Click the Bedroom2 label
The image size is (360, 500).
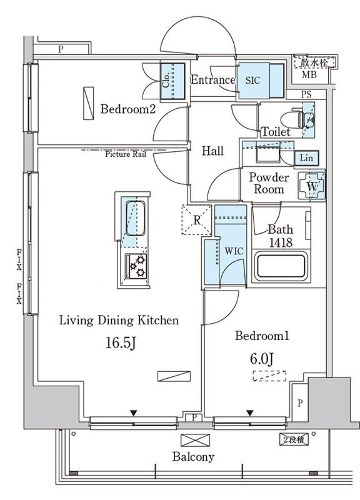[128, 109]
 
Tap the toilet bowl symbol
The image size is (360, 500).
[292, 120]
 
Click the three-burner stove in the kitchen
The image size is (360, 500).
[136, 266]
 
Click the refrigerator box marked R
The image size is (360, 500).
[196, 220]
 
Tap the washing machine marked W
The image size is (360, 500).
[311, 186]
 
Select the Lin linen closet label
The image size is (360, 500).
[306, 157]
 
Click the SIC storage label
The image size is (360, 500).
[253, 81]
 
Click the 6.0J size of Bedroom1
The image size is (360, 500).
[261, 359]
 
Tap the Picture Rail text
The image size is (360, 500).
[126, 154]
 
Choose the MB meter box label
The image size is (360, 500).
[309, 74]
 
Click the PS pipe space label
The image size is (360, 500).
[306, 95]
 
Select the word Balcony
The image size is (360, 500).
[193, 457]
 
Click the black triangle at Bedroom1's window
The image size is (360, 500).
[249, 413]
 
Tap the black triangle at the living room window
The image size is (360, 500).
[134, 413]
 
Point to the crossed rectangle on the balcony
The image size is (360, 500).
[196, 440]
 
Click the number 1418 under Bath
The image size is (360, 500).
[281, 242]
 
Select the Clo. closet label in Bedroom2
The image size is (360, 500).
[166, 81]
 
